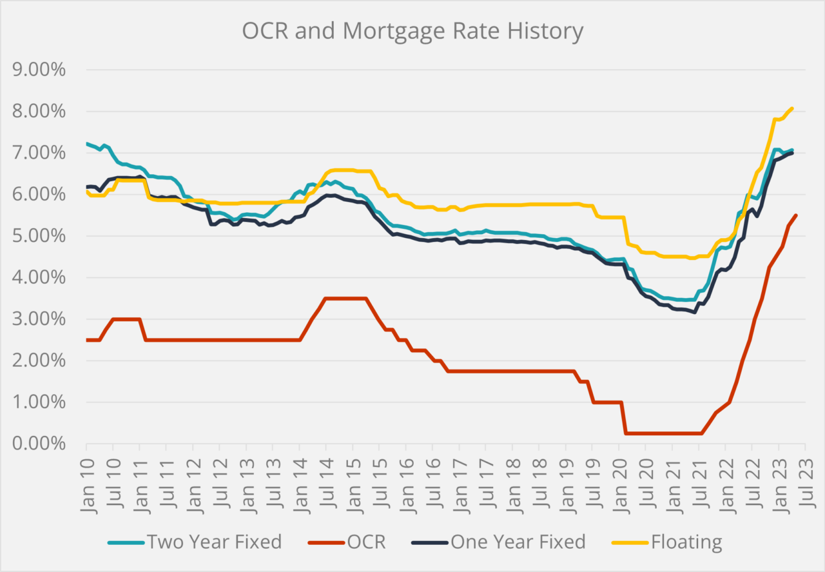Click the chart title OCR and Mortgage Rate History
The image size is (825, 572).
[412, 30]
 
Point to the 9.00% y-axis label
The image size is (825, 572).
[39, 70]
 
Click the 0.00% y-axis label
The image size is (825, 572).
[39, 444]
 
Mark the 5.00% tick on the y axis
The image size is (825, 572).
[39, 236]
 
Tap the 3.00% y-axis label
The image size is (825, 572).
[39, 319]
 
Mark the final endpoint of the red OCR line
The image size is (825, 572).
[797, 215]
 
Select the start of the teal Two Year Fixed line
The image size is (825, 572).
[87, 144]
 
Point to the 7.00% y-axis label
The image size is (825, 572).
[39, 153]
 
